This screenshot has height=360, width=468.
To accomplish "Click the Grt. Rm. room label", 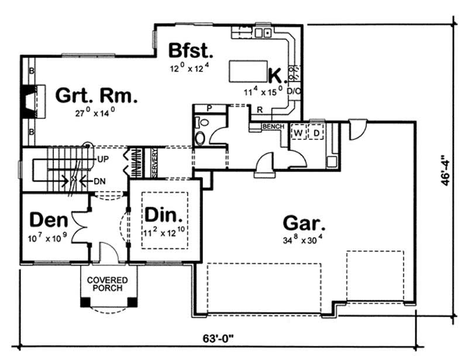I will [97, 95].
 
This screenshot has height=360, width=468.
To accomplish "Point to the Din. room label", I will [164, 214].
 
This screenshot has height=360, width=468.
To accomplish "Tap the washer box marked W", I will [298, 133].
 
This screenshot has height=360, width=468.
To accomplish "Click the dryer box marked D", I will [317, 133].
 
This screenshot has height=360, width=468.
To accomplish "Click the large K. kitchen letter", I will [276, 75].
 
